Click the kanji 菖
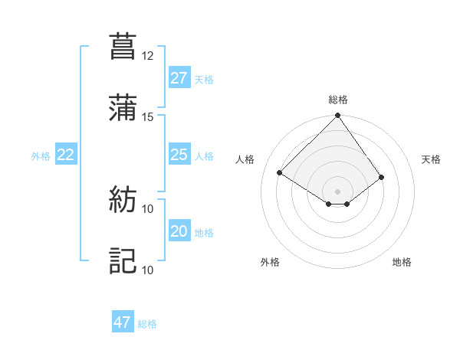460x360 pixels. (x=123, y=46)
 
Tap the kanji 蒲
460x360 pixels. (x=123, y=108)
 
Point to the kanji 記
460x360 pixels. (x=123, y=260)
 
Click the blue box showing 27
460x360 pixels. (x=179, y=78)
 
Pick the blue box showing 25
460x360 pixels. (x=179, y=155)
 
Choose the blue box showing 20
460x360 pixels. (x=179, y=231)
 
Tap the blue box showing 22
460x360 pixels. (x=65, y=155)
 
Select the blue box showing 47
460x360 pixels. (x=123, y=322)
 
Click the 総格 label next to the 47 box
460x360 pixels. (x=147, y=324)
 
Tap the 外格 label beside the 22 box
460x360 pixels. (x=41, y=155)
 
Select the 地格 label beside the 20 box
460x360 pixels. (x=204, y=232)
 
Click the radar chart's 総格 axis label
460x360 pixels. (x=338, y=100)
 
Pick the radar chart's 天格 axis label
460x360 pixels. (x=432, y=159)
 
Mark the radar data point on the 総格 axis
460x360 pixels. (x=337, y=116)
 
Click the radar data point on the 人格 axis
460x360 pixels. (x=280, y=172)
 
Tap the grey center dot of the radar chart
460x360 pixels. (x=337, y=191)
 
